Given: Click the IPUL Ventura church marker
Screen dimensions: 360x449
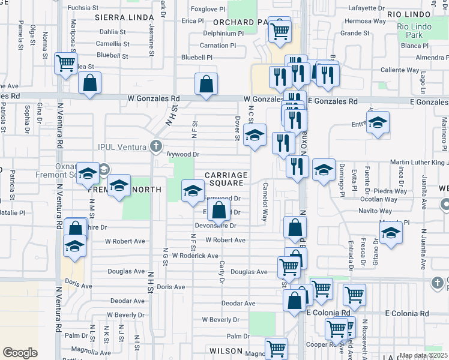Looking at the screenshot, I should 156,146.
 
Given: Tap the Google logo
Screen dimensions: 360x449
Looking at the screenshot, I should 20,353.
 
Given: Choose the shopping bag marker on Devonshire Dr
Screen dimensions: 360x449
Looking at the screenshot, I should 219,211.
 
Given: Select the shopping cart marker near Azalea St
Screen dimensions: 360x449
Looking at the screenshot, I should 65,63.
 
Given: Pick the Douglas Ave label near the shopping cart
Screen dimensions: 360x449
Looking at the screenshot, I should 249,272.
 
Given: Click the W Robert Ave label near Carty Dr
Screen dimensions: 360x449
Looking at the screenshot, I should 225,240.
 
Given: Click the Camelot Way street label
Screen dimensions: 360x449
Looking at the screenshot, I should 265,202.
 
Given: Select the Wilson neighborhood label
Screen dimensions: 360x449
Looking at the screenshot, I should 226,350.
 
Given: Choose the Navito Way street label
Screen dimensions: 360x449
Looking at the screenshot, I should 375,211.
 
